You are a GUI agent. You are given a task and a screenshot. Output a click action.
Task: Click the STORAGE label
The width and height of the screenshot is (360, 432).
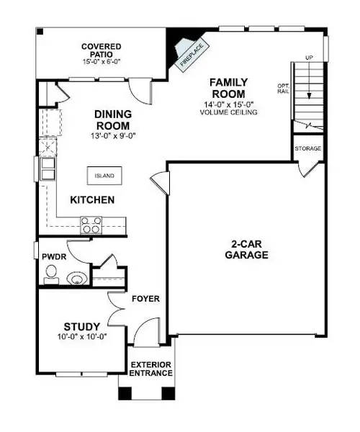pos(307,148)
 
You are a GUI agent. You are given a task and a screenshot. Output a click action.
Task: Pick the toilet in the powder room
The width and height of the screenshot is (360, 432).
pos(50,272)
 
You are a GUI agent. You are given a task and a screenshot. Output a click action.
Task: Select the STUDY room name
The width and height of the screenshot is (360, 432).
pos(76,325)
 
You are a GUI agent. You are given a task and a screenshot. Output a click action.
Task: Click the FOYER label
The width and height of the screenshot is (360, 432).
pos(146,298)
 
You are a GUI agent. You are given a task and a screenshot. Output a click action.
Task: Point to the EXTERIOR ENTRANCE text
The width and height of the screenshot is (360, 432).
pos(150,369)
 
